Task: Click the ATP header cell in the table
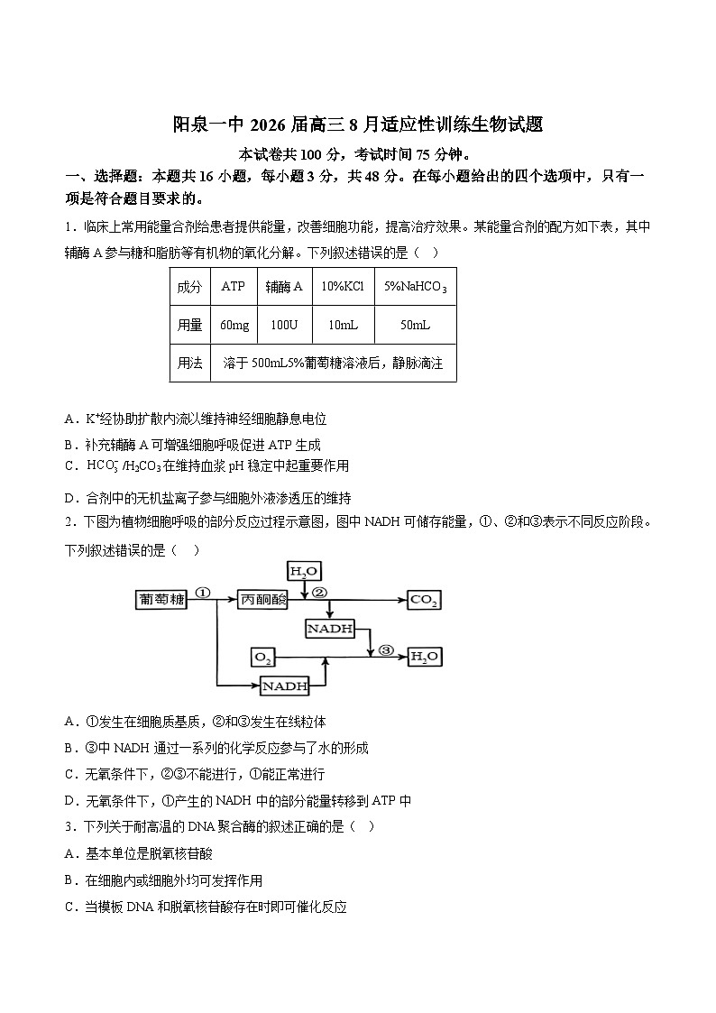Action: pos(234,287)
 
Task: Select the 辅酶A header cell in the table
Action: pos(284,287)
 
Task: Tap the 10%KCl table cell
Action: pos(343,287)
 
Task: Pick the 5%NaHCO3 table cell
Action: pos(415,287)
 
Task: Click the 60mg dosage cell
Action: pos(234,325)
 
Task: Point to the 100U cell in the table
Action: pos(284,325)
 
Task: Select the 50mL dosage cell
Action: pos(415,325)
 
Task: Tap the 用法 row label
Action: pos(189,363)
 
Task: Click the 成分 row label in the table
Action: pos(189,287)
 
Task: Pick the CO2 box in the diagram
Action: pos(424,600)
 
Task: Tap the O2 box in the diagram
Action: pos(262,657)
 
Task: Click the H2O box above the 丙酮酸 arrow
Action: pos(304,571)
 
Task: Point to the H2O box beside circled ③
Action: pos(425,657)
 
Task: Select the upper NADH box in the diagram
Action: pos(330,628)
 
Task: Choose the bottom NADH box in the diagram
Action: pos(285,686)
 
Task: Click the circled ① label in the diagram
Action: pos(202,594)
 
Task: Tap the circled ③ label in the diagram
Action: pos(386,649)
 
